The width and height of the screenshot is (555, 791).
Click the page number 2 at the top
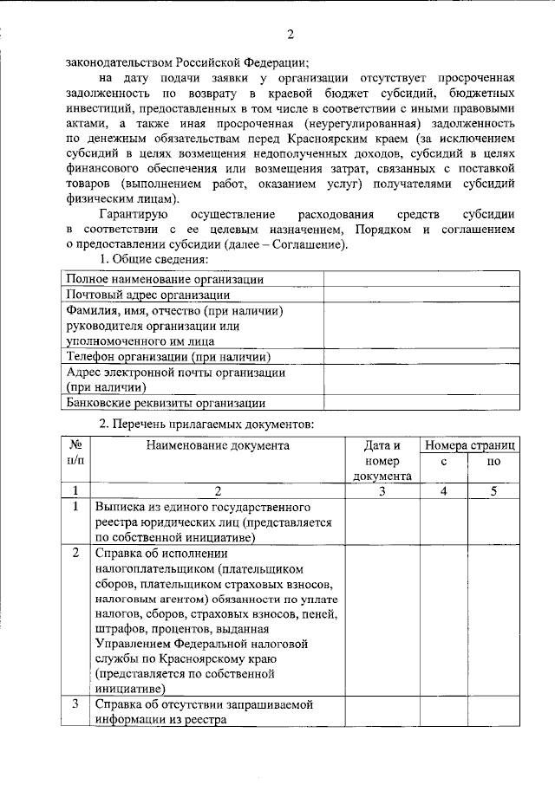291,34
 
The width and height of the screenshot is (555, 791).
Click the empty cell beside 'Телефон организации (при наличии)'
421,356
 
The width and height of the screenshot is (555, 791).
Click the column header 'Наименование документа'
217,445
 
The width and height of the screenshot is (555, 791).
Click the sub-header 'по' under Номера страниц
494,463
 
